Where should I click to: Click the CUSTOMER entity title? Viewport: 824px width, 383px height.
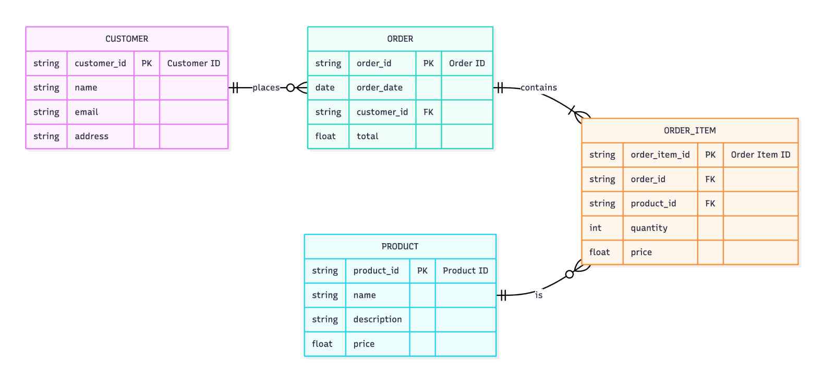(127, 39)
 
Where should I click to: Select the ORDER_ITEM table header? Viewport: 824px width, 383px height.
(689, 130)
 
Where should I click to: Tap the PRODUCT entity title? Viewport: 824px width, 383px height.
(399, 246)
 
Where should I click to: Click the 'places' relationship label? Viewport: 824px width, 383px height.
(266, 88)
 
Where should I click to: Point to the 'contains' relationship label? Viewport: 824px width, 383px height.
(538, 88)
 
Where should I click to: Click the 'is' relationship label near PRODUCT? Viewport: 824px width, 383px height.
(538, 295)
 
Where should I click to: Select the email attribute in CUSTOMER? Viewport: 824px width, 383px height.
(87, 112)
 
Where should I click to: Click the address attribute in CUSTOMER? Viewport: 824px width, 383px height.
(91, 136)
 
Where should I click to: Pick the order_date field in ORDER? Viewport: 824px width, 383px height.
(379, 88)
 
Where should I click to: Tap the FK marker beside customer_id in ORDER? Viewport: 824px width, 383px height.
(428, 112)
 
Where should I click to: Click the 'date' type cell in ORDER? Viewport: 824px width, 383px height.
(325, 88)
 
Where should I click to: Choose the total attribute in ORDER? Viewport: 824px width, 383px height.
(367, 136)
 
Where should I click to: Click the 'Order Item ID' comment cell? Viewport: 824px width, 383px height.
(760, 155)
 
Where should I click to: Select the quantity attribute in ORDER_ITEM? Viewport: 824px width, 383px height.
(649, 228)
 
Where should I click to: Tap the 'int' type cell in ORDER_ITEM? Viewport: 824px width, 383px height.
(595, 228)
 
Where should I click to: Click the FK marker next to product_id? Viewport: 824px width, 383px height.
(710, 204)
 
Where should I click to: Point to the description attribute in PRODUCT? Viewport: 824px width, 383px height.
(377, 319)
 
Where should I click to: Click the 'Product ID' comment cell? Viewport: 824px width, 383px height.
(465, 271)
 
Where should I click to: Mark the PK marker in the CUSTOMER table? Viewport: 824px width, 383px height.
(147, 63)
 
